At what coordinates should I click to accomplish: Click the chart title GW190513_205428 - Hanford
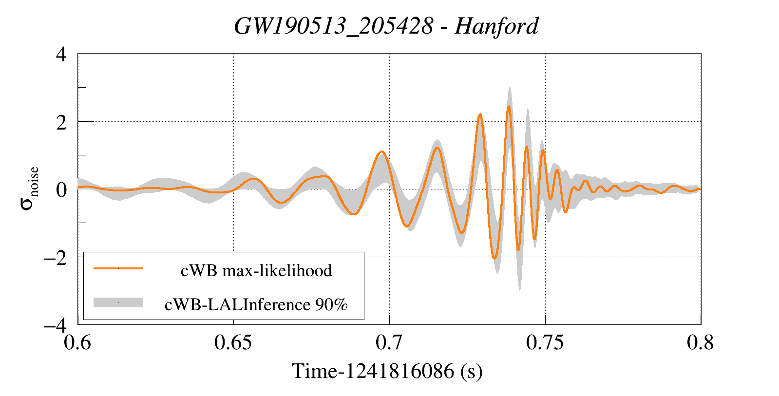pyautogui.click(x=386, y=26)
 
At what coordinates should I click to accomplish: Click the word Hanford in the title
pyautogui.click(x=496, y=26)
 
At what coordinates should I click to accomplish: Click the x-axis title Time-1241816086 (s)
pyautogui.click(x=387, y=371)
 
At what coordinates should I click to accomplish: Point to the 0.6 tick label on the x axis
pyautogui.click(x=78, y=342)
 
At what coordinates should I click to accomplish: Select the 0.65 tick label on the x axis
pyautogui.click(x=233, y=342)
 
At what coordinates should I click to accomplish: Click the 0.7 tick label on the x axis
pyautogui.click(x=389, y=342)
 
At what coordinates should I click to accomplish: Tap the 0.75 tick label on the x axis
pyautogui.click(x=545, y=342)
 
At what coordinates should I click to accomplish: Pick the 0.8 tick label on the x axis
pyautogui.click(x=700, y=342)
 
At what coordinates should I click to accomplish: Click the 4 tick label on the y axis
pyautogui.click(x=61, y=54)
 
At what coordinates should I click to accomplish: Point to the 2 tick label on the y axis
pyautogui.click(x=61, y=122)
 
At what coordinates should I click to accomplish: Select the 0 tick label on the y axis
pyautogui.click(x=61, y=189)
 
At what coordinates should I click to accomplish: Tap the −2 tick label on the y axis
pyautogui.click(x=55, y=257)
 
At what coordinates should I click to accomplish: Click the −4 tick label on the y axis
pyautogui.click(x=55, y=325)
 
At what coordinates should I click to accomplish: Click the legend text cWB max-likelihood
pyautogui.click(x=256, y=270)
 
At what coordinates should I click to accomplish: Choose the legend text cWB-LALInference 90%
pyautogui.click(x=256, y=304)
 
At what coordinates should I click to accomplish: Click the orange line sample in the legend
pyautogui.click(x=118, y=268)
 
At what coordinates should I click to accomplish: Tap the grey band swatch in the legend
pyautogui.click(x=118, y=302)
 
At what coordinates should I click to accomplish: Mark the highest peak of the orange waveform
pyautogui.click(x=509, y=107)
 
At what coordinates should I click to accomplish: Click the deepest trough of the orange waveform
pyautogui.click(x=494, y=258)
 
